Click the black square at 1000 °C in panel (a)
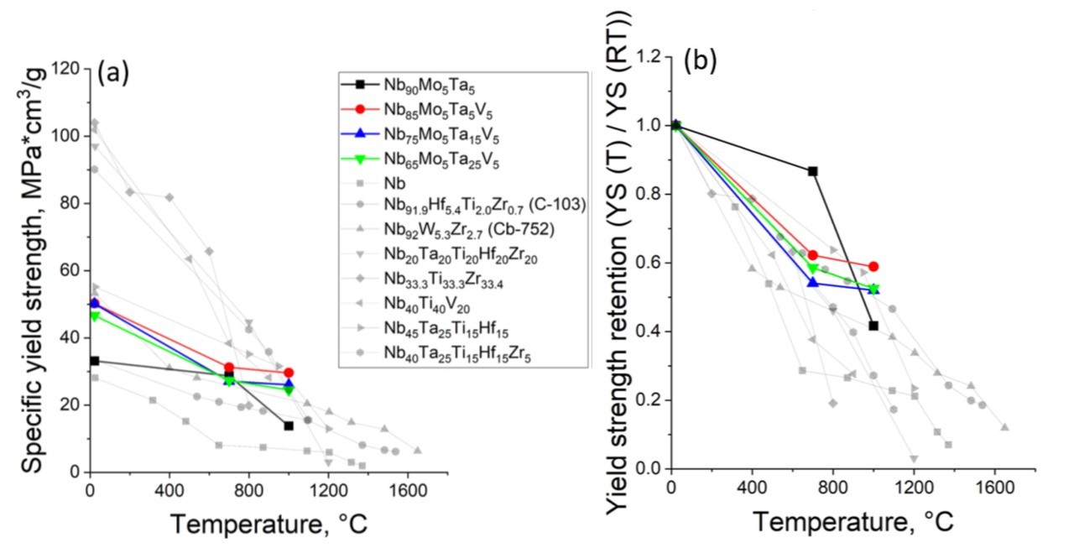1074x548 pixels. pyautogui.click(x=289, y=425)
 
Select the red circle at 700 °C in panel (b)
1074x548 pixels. pyautogui.click(x=812, y=254)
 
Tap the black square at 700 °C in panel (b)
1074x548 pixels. pyautogui.click(x=812, y=171)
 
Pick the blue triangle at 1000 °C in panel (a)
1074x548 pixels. pyautogui.click(x=289, y=384)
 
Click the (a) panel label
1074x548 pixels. pyautogui.click(x=112, y=74)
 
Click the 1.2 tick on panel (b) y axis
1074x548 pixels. pyautogui.click(x=649, y=57)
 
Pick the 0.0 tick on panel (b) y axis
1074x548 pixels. pyautogui.click(x=649, y=469)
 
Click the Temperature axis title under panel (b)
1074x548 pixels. pyautogui.click(x=852, y=522)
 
